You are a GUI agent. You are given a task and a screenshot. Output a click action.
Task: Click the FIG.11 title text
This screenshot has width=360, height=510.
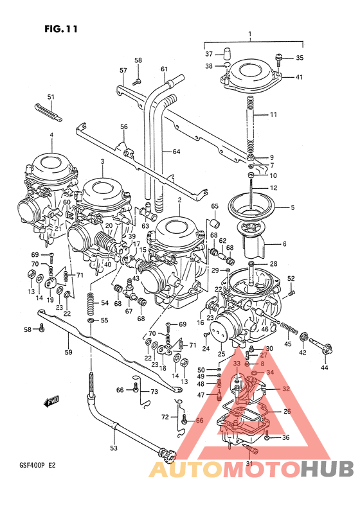[x=57, y=29]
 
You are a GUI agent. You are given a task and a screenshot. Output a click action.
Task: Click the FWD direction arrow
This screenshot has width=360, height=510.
[x=51, y=402]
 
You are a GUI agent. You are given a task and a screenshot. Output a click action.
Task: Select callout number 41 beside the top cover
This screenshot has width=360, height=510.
[x=300, y=78]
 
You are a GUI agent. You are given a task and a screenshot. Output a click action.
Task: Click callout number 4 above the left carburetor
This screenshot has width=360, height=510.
[x=50, y=135]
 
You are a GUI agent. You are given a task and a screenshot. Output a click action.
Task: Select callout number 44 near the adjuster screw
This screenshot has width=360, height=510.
[x=325, y=367]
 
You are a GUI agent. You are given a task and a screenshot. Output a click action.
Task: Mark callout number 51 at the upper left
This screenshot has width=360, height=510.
[x=51, y=97]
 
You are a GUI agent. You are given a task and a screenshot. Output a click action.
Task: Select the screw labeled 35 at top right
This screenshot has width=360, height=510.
[x=278, y=60]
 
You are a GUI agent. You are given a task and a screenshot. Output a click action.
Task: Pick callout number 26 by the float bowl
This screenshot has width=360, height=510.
[x=287, y=412]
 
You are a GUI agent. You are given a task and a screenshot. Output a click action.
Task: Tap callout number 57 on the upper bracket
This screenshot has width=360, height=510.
[x=123, y=70]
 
